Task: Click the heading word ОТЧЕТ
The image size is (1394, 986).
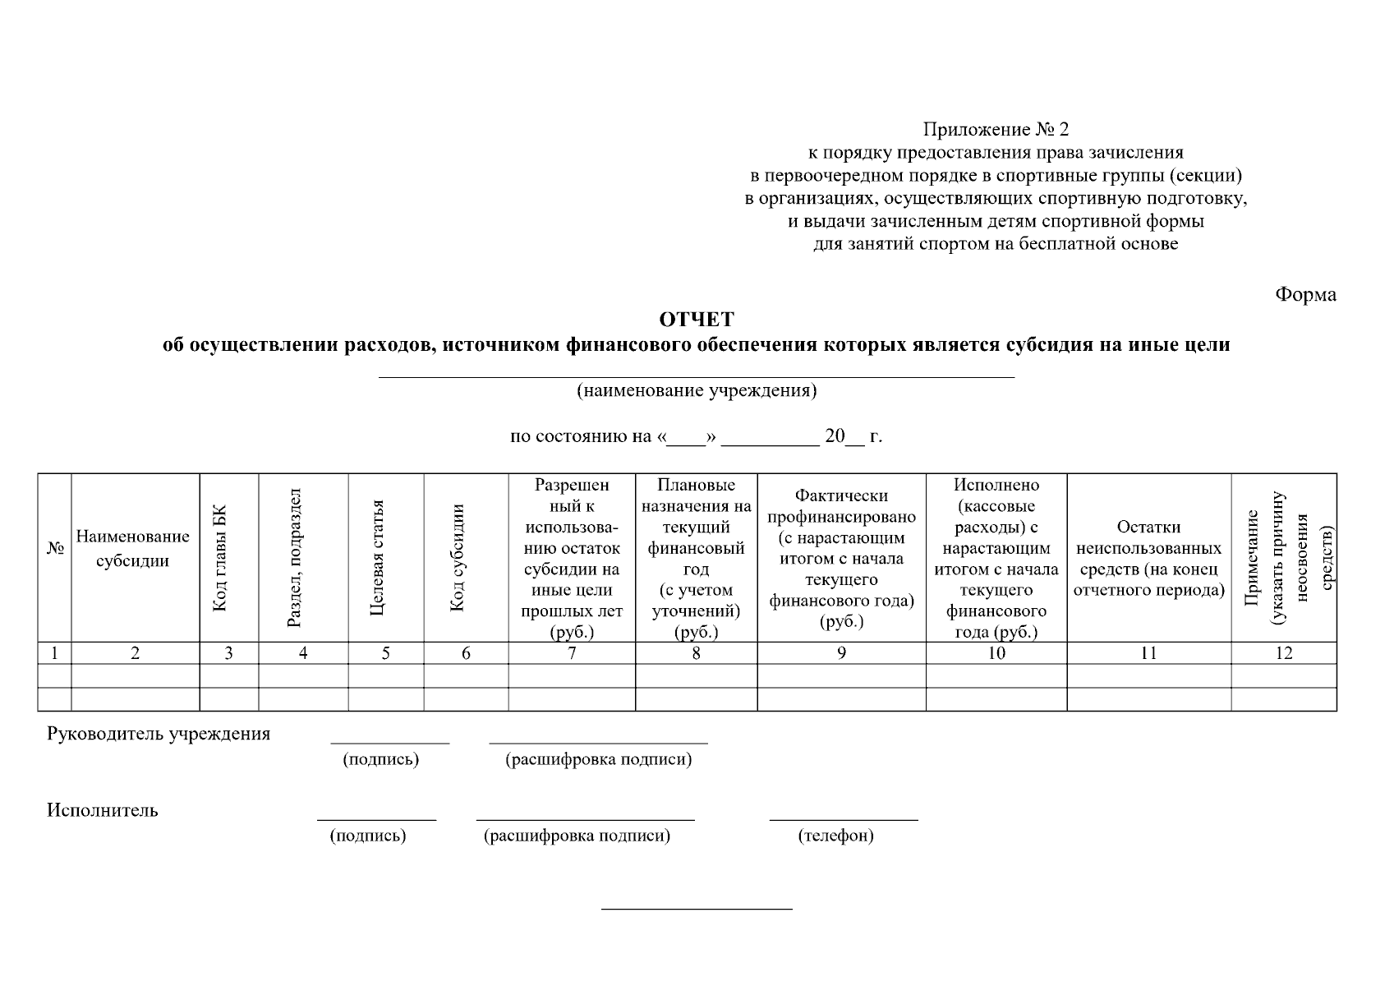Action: (697, 319)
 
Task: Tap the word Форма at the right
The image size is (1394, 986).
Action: (1305, 295)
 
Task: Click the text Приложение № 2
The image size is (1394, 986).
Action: (996, 129)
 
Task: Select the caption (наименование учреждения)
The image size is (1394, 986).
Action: (697, 390)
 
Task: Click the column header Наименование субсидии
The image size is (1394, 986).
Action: (133, 549)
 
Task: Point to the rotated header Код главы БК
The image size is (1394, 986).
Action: (219, 558)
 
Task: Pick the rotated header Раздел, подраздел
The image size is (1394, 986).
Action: (296, 558)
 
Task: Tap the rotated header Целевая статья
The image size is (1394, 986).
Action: (377, 558)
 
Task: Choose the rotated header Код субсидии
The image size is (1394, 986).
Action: (458, 558)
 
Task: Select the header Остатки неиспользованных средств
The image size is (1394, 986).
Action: (1148, 558)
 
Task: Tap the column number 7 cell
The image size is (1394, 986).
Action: (572, 653)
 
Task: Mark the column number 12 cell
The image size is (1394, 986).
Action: (1283, 653)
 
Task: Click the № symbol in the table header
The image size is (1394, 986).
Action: (55, 549)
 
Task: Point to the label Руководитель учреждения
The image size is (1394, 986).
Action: (159, 734)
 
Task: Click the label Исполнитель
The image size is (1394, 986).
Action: (103, 810)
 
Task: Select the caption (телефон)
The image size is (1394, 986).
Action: (835, 836)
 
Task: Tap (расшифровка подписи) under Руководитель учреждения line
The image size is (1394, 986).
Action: (598, 760)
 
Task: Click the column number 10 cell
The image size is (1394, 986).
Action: (996, 653)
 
